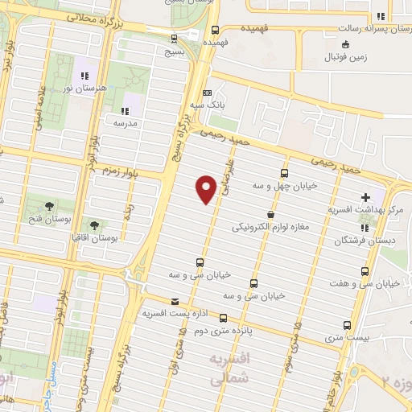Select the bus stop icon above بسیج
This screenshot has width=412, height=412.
point(174,37)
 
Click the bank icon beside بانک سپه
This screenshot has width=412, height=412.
point(207,93)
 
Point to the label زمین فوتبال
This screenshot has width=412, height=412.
point(344,58)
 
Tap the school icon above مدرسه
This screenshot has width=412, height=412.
point(125,111)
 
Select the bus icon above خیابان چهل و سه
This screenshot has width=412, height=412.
point(284,173)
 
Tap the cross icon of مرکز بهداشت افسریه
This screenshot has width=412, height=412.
point(366,197)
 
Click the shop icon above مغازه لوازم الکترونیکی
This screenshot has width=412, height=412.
point(270,216)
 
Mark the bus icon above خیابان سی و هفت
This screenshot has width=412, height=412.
point(365,271)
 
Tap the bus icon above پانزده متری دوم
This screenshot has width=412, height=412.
point(225,318)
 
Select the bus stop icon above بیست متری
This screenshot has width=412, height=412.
point(347,324)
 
